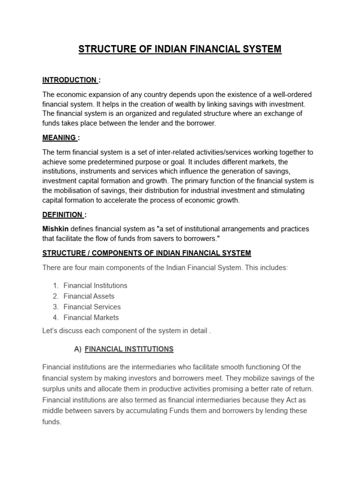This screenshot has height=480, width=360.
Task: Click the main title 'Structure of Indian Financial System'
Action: [x=180, y=49]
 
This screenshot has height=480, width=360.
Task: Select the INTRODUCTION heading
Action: [x=69, y=80]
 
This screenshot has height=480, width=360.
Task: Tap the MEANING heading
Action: [x=60, y=137]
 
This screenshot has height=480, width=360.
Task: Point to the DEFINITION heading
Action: [x=63, y=214]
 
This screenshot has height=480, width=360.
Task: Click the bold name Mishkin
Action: [x=54, y=228]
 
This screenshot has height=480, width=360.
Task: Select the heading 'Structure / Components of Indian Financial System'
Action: [x=147, y=253]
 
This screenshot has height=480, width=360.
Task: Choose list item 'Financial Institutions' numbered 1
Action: [x=95, y=285]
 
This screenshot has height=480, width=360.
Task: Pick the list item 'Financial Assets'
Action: [x=89, y=296]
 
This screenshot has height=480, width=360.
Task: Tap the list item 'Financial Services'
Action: [x=92, y=307]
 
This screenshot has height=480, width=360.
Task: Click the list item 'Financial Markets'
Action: [x=91, y=317]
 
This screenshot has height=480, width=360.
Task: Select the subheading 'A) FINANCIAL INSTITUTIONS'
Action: [x=129, y=349]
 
